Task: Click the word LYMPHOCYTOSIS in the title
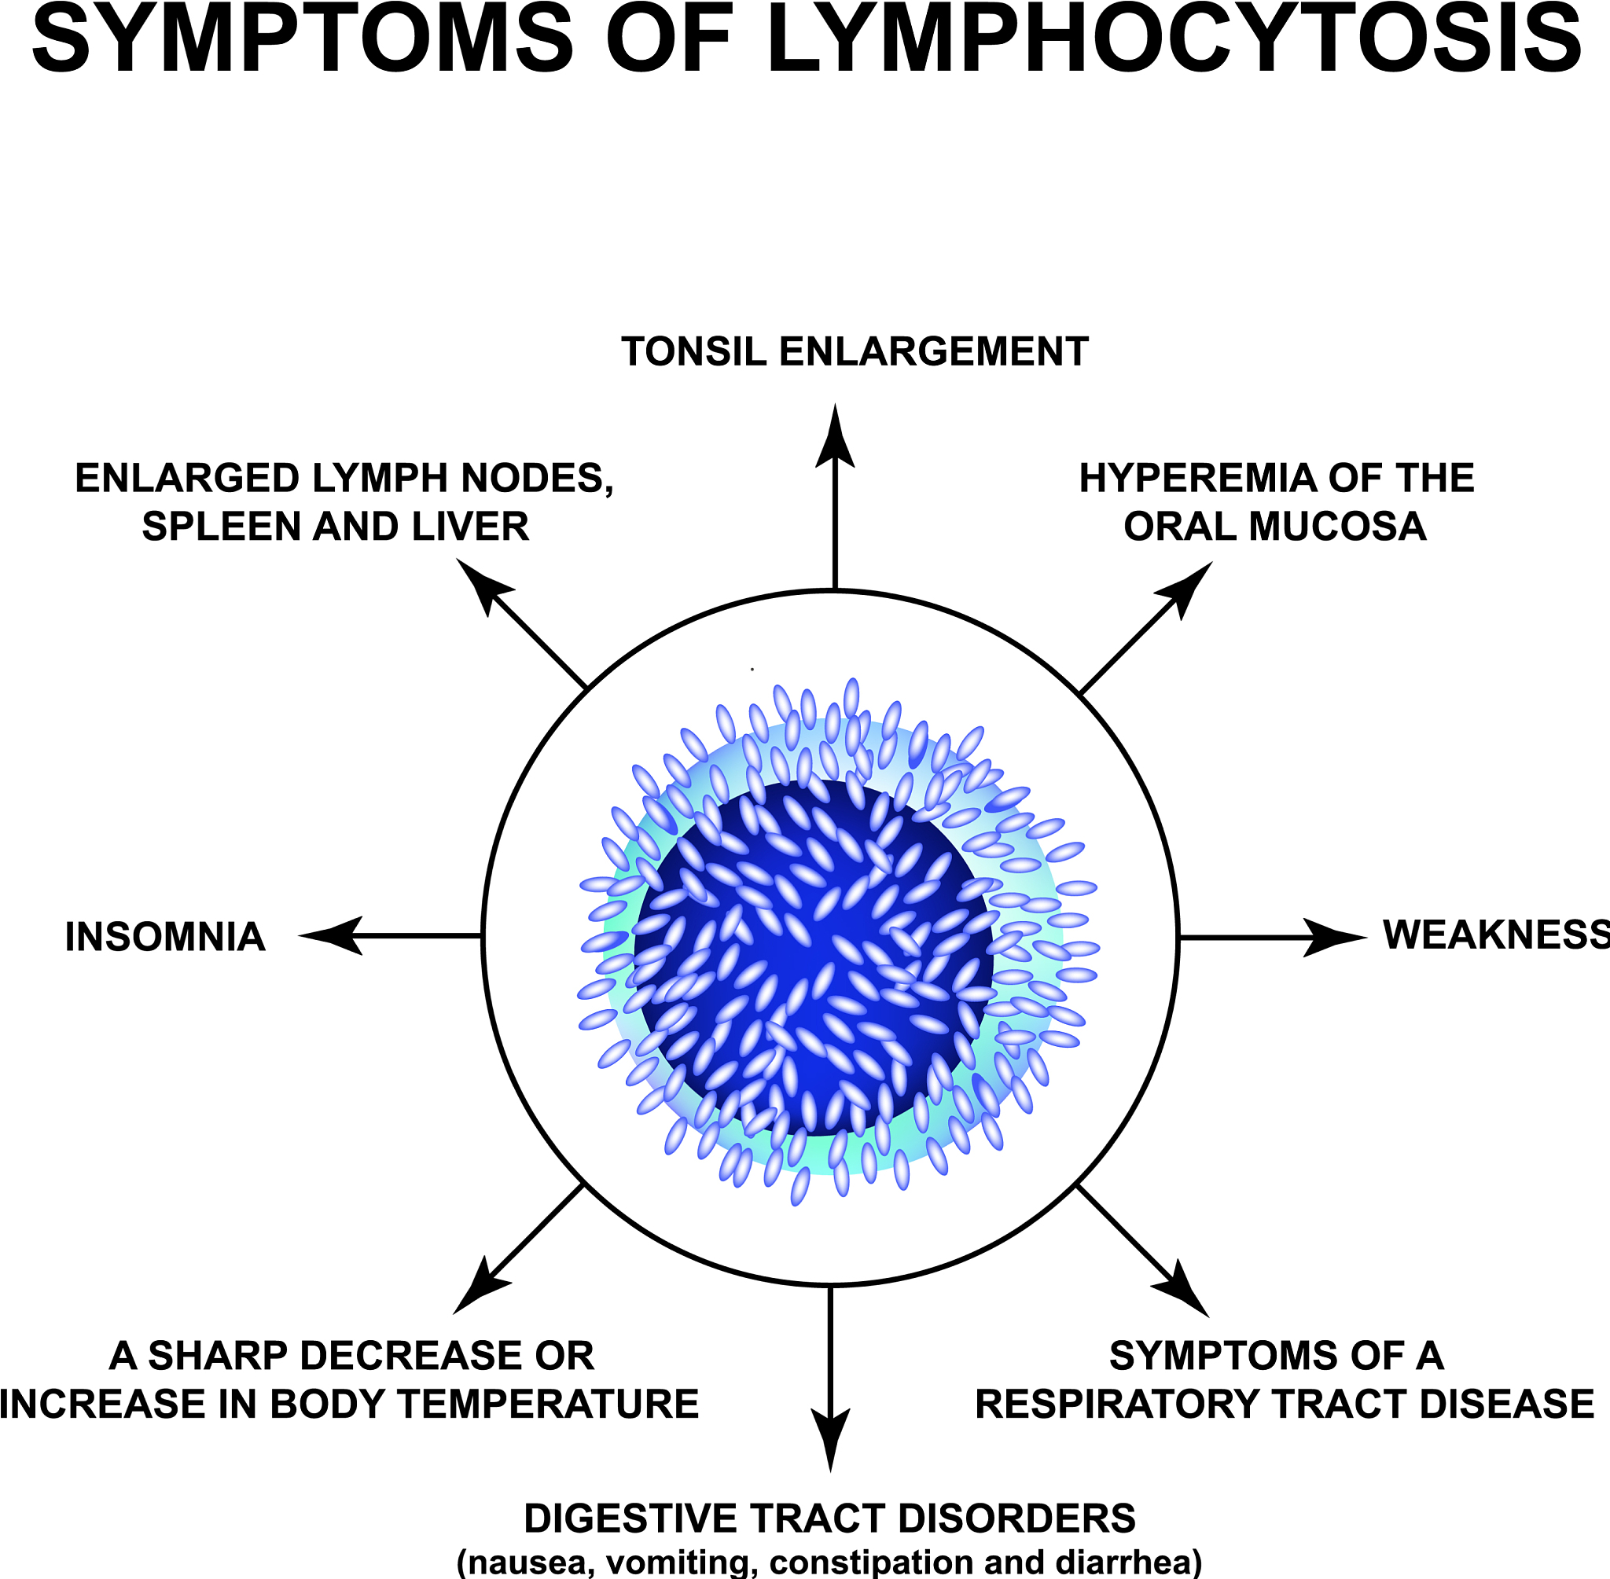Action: tap(1174, 40)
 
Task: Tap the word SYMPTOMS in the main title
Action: tap(303, 40)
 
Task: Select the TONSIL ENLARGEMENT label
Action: tap(855, 351)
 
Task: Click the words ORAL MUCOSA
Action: tap(1275, 527)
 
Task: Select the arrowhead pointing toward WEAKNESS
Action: tap(1336, 938)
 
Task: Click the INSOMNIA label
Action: tap(165, 937)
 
